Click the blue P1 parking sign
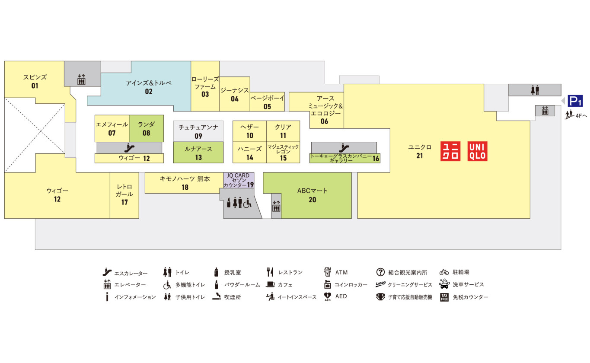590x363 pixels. pyautogui.click(x=575, y=101)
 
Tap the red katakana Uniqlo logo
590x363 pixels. pyautogui.click(x=450, y=151)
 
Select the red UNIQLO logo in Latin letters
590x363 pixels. pyautogui.click(x=477, y=151)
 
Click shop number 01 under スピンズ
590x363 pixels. pyautogui.click(x=35, y=86)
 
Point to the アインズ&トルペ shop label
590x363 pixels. pyautogui.click(x=149, y=83)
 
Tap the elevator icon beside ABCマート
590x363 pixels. pyautogui.click(x=276, y=206)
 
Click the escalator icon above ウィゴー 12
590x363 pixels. pyautogui.click(x=129, y=148)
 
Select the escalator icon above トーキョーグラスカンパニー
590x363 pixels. pyautogui.click(x=344, y=148)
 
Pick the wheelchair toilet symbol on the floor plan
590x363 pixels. pyautogui.click(x=247, y=203)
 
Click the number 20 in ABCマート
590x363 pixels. pyautogui.click(x=313, y=200)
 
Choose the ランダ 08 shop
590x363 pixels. pyautogui.click(x=147, y=128)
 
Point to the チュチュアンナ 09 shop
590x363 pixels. pyautogui.click(x=198, y=131)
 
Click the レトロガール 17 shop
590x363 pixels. pyautogui.click(x=124, y=195)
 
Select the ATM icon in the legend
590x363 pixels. pyautogui.click(x=327, y=272)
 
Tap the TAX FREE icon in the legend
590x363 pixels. pyautogui.click(x=444, y=297)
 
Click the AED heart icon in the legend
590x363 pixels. pyautogui.click(x=327, y=296)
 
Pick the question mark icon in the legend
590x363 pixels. pyautogui.click(x=380, y=272)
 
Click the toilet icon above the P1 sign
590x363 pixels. pyautogui.click(x=535, y=90)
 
